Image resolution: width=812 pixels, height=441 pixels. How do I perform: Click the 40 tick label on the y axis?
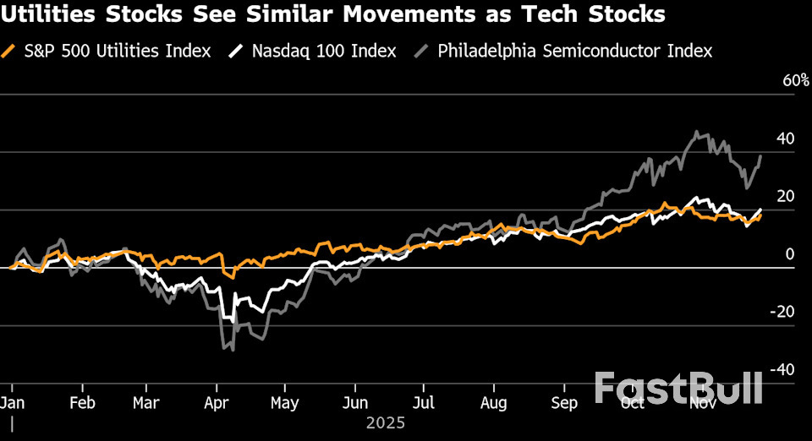[x=784, y=138]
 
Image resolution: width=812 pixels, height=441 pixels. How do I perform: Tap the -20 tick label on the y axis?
[x=782, y=311]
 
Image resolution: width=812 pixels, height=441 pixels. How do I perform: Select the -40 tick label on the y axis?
[x=782, y=369]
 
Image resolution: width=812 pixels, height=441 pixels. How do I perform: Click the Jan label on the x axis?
[x=12, y=403]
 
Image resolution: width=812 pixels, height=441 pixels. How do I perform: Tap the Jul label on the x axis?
[x=424, y=403]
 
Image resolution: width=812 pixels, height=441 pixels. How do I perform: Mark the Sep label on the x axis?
[x=565, y=403]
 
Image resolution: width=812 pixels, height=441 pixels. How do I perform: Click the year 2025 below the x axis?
[x=386, y=422]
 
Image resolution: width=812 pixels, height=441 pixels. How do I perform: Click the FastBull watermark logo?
[x=678, y=388]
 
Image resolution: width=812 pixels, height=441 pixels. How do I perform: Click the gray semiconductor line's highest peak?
[x=696, y=131]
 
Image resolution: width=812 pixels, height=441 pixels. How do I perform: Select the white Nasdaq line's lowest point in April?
[x=233, y=322]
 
